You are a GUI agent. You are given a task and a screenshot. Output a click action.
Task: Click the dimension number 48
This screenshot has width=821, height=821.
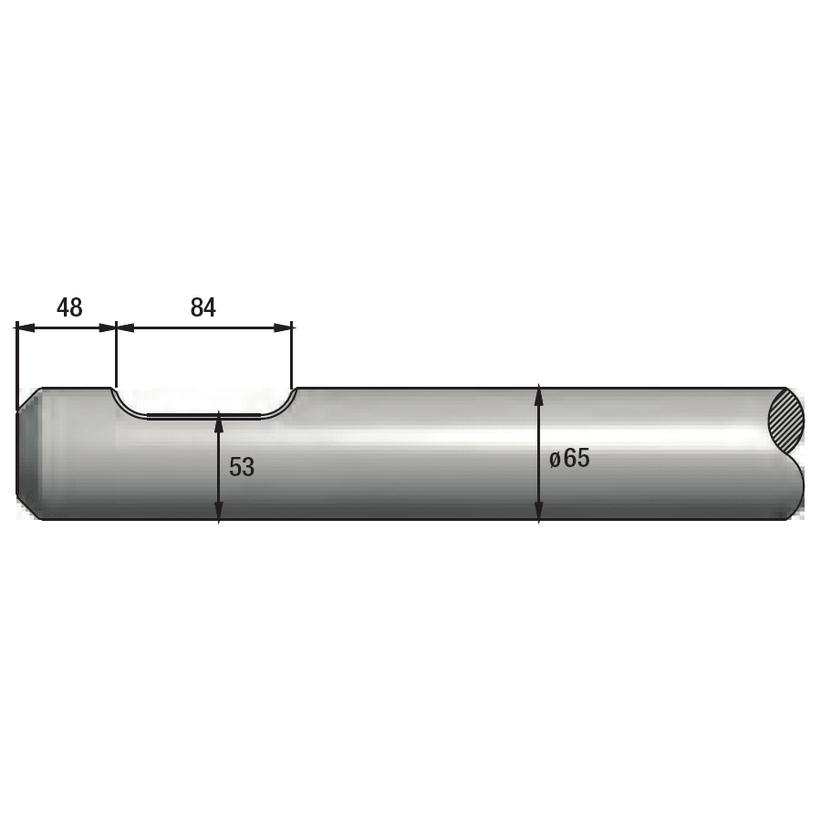tap(69, 307)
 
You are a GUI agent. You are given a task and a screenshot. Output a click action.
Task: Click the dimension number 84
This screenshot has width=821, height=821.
tap(203, 307)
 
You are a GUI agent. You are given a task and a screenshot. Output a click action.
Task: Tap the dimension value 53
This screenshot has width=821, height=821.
tap(242, 466)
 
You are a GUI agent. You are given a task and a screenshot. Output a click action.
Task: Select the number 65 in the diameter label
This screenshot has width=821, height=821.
tap(577, 458)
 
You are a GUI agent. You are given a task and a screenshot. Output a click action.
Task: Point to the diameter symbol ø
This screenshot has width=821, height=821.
tap(555, 460)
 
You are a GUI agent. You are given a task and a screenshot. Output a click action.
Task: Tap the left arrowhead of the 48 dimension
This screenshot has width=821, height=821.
tap(26, 327)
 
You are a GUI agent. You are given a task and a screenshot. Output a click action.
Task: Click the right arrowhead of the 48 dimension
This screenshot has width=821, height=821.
tap(107, 327)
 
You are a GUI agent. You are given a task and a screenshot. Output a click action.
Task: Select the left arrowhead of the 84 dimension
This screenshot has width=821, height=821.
tap(126, 327)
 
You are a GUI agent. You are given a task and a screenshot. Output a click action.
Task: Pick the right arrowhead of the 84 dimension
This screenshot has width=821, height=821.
tap(283, 327)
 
